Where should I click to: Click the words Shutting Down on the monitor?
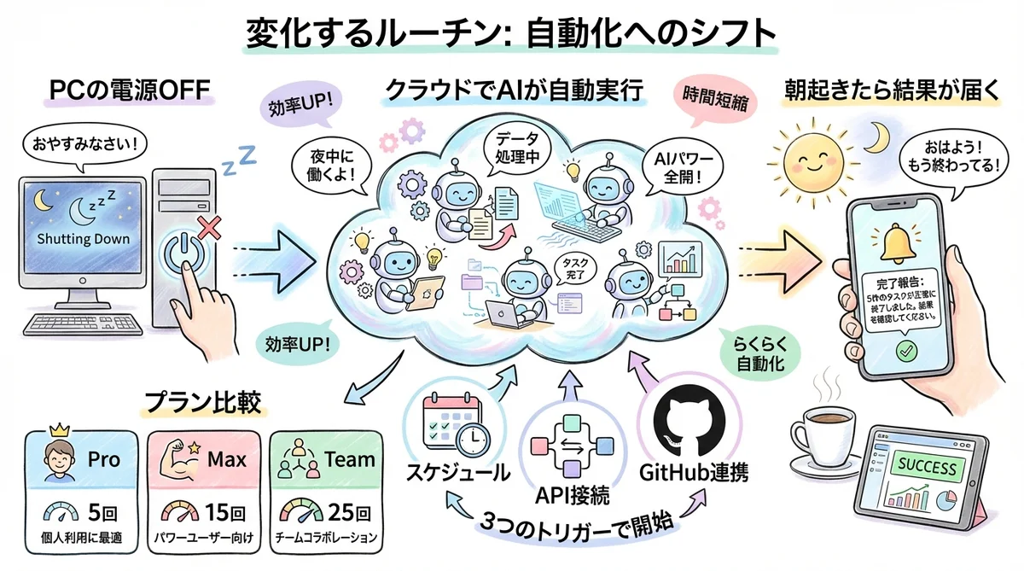point(84,238)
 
